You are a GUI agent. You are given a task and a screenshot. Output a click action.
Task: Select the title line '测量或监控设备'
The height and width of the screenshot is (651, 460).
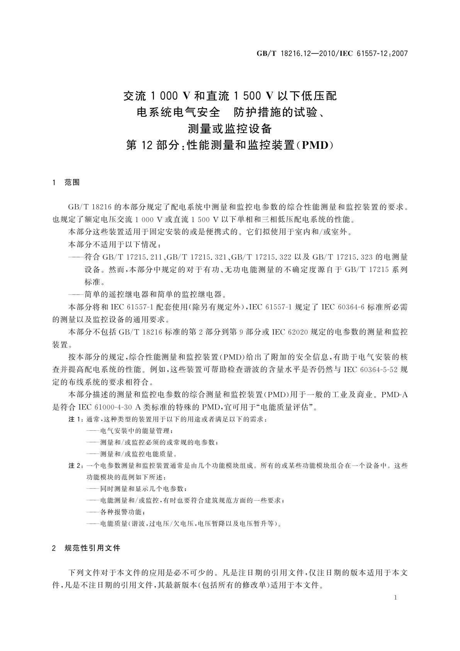tap(230, 128)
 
